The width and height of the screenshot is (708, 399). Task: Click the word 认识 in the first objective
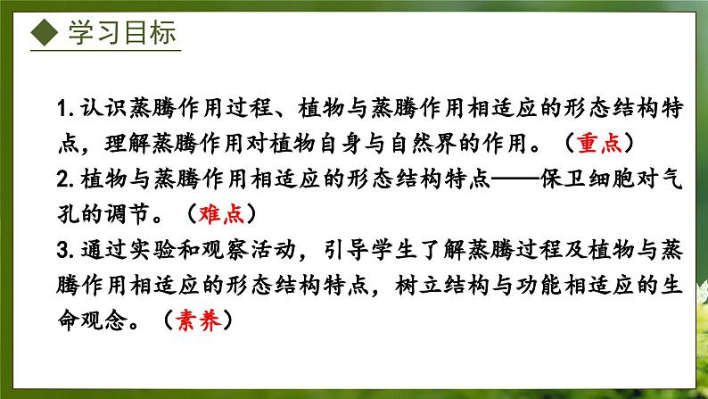pos(103,108)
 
